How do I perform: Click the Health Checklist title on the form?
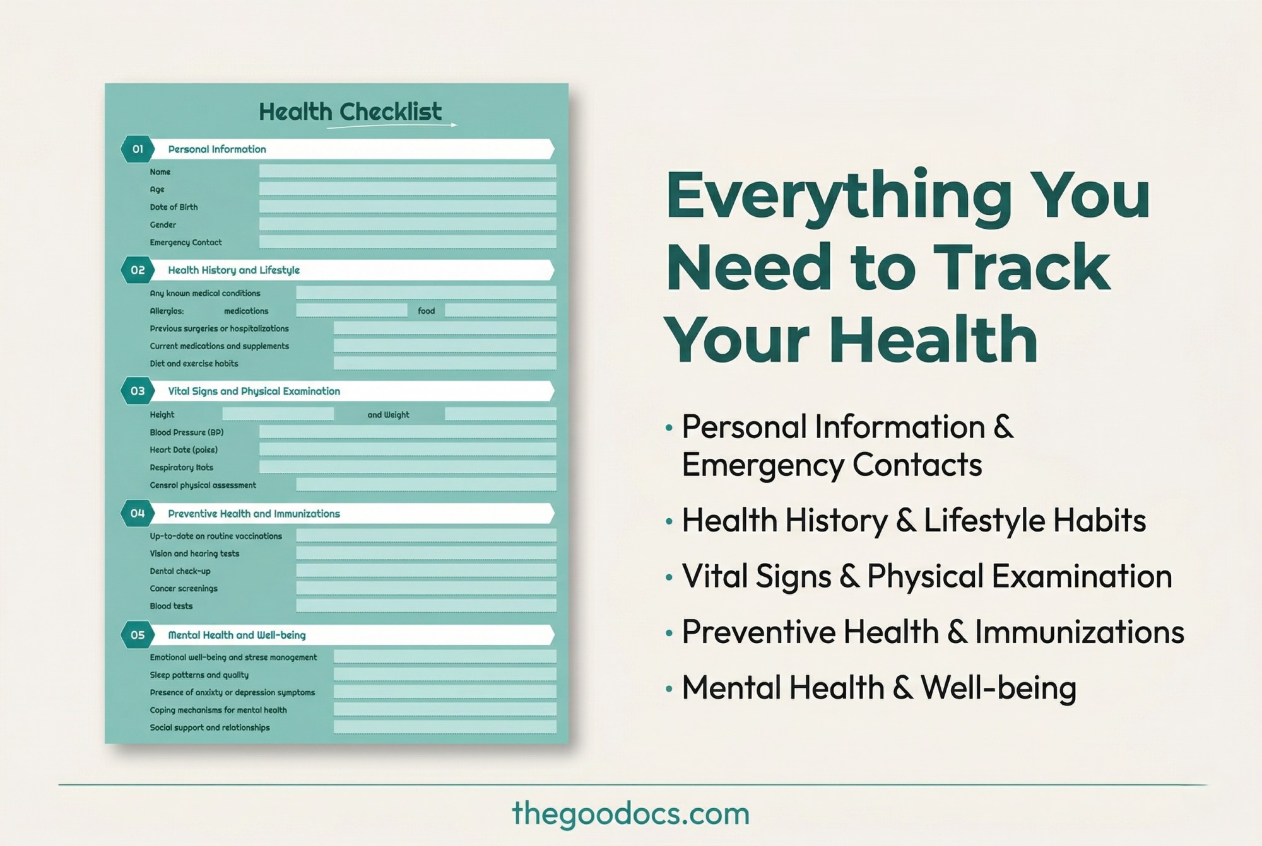tap(350, 112)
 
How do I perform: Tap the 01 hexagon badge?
tap(138, 149)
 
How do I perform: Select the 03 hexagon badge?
tap(138, 391)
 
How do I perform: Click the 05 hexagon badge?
tap(138, 635)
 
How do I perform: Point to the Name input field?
tap(408, 171)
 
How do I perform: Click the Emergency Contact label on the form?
tap(186, 243)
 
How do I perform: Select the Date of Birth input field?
tap(408, 207)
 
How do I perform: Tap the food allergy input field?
tap(500, 310)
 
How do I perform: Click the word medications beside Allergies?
tap(246, 311)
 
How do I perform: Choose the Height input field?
tap(278, 414)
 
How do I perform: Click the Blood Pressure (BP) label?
tap(187, 432)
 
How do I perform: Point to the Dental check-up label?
tap(180, 571)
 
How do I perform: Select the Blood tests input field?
tap(426, 606)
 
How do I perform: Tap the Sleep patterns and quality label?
tap(199, 675)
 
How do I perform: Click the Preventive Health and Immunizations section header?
tap(254, 514)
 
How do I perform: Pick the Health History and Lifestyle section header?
tap(233, 270)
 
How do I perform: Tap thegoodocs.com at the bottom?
tap(631, 813)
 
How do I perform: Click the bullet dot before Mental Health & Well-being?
tap(669, 688)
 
